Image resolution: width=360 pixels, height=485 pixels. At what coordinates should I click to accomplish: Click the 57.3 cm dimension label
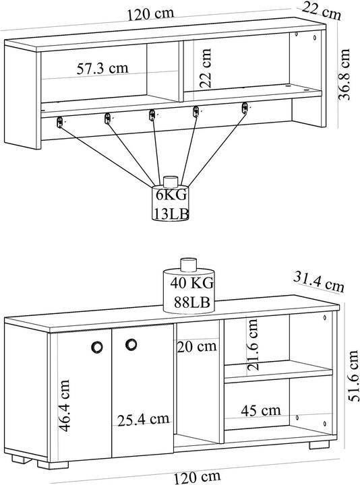pos(102,68)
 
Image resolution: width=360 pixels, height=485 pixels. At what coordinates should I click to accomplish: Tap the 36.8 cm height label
pos(344,74)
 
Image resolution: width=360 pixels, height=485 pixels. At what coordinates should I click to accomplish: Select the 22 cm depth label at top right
pos(322,11)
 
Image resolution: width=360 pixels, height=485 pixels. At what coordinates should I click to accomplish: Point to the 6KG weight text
pos(171,195)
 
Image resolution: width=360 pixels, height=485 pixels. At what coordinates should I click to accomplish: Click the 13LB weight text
pos(171,214)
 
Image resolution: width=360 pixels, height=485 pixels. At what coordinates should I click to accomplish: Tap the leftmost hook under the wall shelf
pos(60,122)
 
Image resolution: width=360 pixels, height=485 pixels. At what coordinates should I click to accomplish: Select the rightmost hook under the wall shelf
pos(245,108)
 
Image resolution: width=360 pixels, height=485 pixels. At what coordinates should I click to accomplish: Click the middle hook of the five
pos(152,115)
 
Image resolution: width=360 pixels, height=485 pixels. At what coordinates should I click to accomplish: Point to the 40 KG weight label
pos(192,283)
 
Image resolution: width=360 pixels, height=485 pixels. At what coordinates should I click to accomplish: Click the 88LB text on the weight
pos(192,302)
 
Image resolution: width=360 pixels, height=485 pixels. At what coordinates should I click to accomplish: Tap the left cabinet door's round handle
pos(97,347)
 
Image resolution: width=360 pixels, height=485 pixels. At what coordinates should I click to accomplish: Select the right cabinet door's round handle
pos(131,345)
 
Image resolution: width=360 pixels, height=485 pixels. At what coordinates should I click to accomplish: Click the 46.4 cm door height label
pos(65,406)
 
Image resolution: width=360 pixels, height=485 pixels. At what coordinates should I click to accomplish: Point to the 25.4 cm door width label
pos(144,420)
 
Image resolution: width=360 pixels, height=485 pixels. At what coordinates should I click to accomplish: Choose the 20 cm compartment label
pos(197,346)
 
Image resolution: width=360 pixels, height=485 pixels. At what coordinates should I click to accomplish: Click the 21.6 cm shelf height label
pos(253,345)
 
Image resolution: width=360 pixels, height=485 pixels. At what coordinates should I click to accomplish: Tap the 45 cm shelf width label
pos(261,411)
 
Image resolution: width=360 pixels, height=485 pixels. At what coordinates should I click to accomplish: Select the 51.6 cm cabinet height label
pos(353,376)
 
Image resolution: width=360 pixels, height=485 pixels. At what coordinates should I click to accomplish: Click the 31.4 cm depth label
pos(319,282)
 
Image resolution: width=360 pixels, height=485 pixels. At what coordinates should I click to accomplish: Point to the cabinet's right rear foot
pos(319,445)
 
